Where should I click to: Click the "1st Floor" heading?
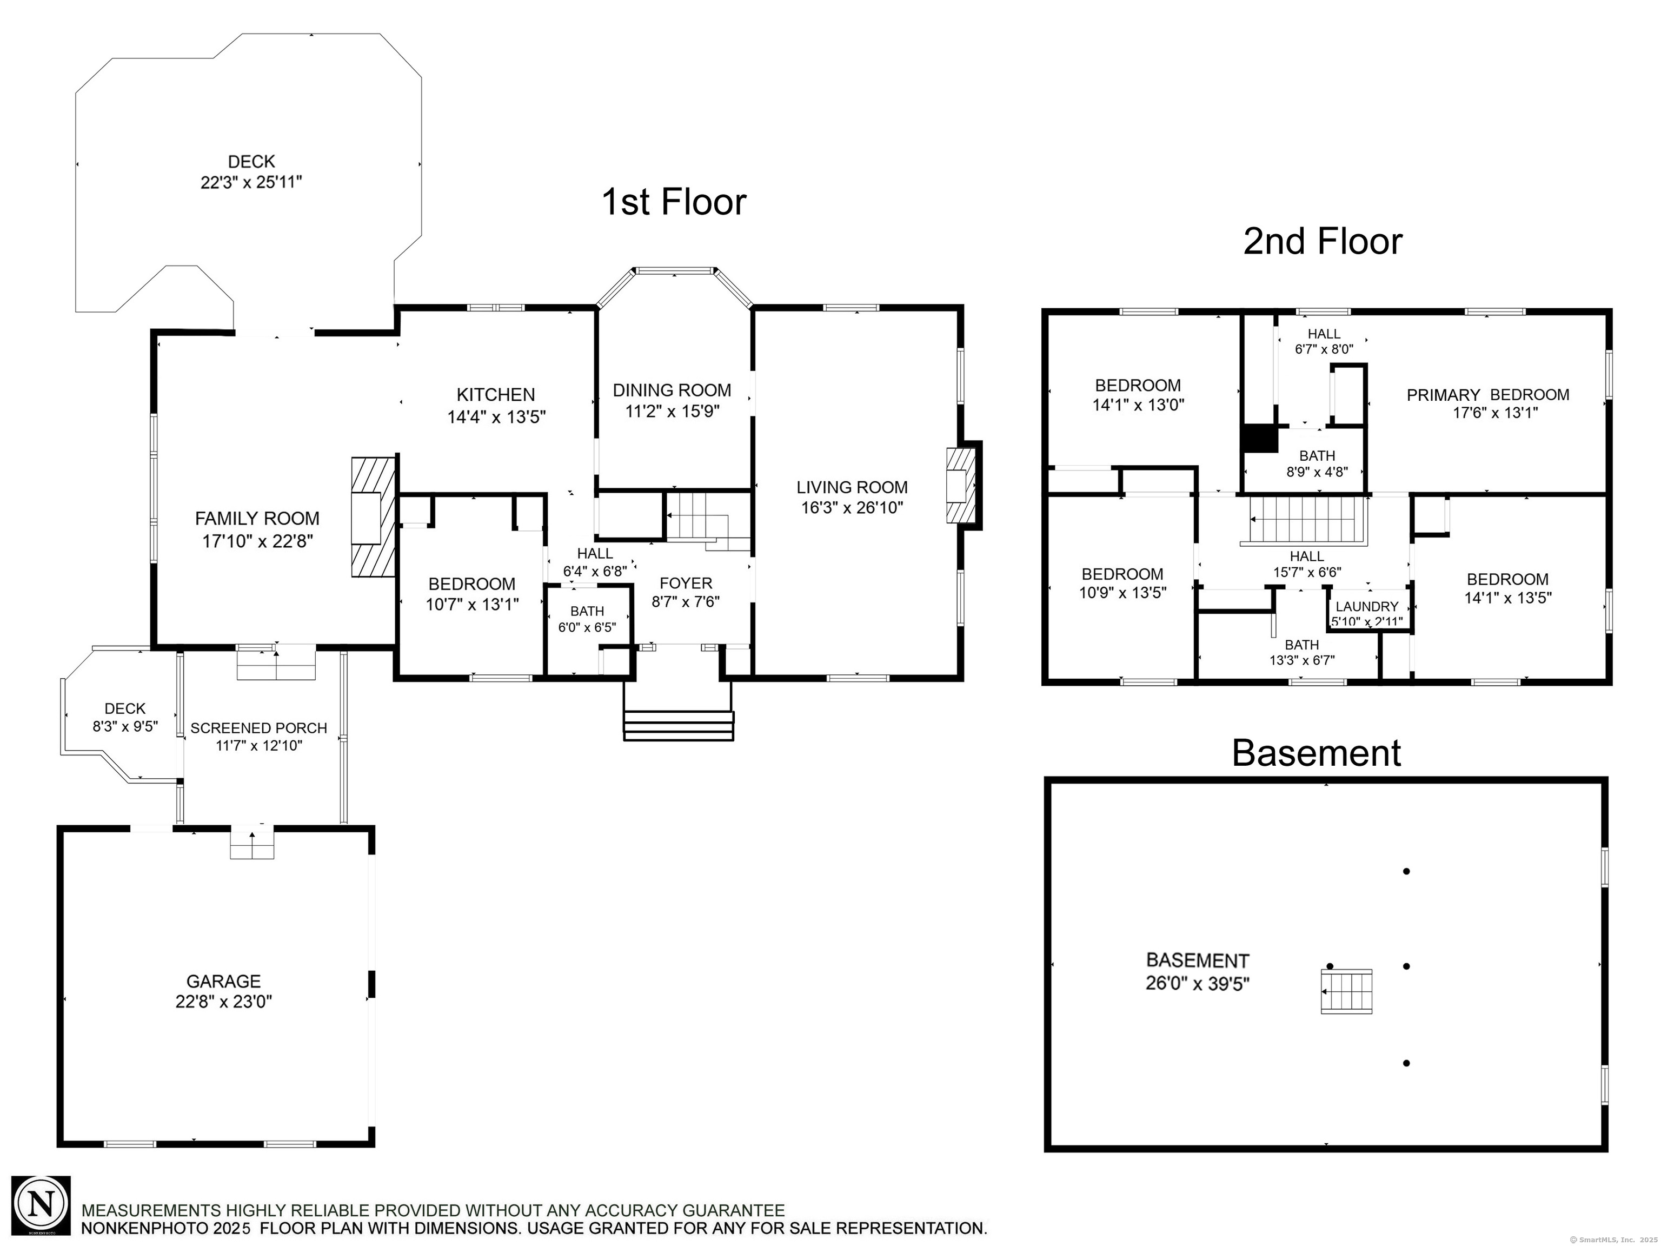click(x=674, y=202)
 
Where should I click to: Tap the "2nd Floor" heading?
click(x=1323, y=241)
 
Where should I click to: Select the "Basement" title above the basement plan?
click(x=1317, y=753)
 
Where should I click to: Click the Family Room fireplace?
click(x=373, y=516)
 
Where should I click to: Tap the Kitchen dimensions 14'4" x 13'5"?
click(x=496, y=417)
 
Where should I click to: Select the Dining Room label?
click(x=672, y=390)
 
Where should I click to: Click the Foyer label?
click(x=686, y=583)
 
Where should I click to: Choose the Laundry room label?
click(x=1367, y=606)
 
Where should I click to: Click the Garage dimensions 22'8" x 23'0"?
click(x=224, y=1001)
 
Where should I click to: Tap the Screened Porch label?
click(x=259, y=728)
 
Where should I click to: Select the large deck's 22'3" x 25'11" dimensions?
click(x=251, y=182)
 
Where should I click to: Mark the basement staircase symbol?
click(x=1346, y=991)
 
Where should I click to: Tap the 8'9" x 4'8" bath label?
click(x=1317, y=464)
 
